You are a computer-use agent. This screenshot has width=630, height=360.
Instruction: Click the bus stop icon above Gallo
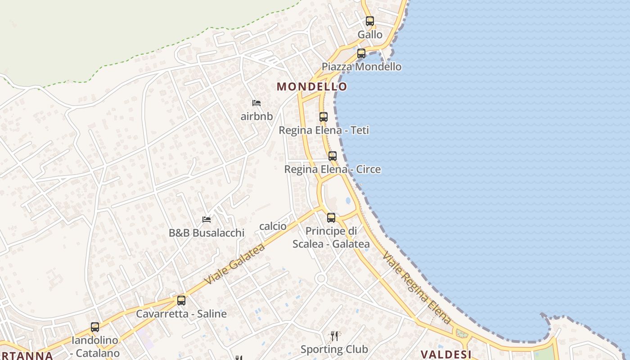click(x=370, y=21)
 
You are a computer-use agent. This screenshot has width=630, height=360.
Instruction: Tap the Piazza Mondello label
click(x=361, y=67)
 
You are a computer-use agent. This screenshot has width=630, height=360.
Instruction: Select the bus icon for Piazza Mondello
click(x=361, y=54)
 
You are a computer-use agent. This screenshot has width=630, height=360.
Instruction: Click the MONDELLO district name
click(x=312, y=86)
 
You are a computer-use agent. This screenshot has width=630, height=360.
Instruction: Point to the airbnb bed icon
click(x=256, y=103)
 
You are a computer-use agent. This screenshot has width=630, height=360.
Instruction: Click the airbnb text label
click(x=256, y=117)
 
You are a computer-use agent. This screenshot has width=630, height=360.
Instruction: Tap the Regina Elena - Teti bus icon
click(x=324, y=117)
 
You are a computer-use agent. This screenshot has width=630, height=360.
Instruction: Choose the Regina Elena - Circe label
click(x=333, y=170)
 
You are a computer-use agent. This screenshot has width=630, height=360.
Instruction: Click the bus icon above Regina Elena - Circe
click(x=333, y=156)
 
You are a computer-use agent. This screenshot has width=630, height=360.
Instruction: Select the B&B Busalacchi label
click(x=207, y=233)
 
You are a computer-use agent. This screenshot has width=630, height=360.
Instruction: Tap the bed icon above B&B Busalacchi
click(x=207, y=220)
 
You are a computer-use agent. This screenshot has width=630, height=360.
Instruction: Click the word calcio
click(x=273, y=226)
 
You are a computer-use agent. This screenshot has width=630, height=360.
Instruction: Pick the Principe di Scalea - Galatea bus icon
click(x=331, y=218)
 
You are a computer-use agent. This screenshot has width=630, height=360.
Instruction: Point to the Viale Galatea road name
click(x=234, y=264)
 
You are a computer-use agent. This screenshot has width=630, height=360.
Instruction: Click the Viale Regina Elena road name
click(x=416, y=288)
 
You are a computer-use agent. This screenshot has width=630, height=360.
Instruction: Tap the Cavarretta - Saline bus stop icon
click(x=181, y=300)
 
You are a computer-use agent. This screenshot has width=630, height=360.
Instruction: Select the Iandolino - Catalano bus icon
click(x=95, y=327)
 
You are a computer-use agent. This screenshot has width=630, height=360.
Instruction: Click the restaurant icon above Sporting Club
click(x=334, y=336)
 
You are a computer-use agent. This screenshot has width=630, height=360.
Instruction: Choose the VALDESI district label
click(x=445, y=354)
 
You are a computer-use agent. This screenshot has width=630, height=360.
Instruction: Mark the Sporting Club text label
click(x=334, y=349)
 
